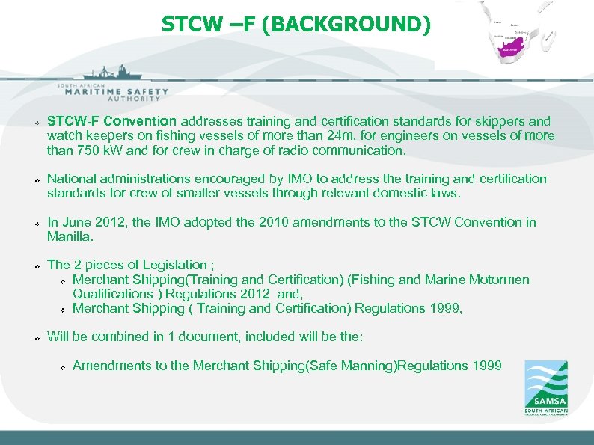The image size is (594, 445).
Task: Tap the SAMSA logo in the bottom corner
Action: [x=545, y=387]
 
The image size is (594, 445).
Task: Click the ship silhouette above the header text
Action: [x=112, y=73]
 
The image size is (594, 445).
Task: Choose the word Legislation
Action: [x=171, y=265]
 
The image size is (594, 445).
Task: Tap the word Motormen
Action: [x=499, y=280]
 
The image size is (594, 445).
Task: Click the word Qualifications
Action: [x=112, y=294]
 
